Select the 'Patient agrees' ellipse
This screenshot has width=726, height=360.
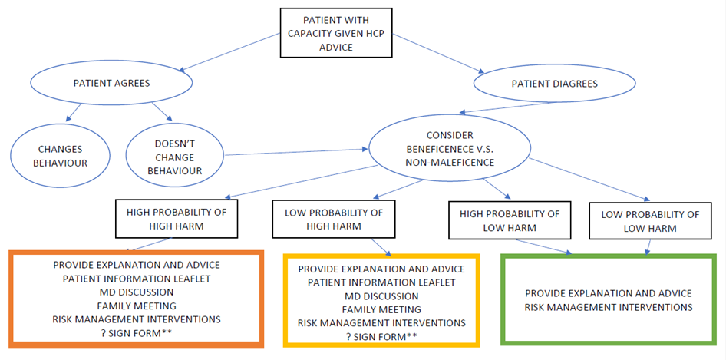(111, 84)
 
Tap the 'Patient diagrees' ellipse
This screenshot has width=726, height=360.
(554, 84)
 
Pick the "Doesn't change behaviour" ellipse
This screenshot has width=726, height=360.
(174, 158)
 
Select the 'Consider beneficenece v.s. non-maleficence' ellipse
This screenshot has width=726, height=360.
(450, 149)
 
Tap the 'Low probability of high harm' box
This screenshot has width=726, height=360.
(334, 220)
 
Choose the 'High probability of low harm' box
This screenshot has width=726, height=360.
(510, 221)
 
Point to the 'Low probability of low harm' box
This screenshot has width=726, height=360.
(650, 222)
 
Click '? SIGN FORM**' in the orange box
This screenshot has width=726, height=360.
(137, 332)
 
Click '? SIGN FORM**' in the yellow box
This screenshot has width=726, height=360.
(381, 336)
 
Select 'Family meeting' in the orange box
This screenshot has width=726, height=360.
(137, 306)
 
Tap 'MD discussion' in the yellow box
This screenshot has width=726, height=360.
(381, 296)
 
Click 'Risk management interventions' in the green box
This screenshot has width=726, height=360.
(609, 307)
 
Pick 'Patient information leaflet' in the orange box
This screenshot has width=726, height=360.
(137, 279)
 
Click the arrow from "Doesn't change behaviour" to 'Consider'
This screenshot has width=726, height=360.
(296, 152)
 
